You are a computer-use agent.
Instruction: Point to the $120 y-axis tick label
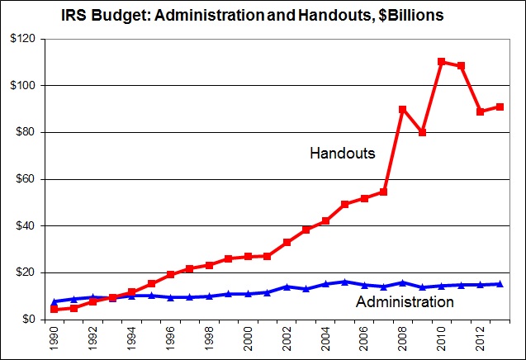coord(23,39)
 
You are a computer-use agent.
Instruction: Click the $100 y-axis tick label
coord(23,86)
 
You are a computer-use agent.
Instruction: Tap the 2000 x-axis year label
coord(249,339)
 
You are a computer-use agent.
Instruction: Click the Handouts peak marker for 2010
coord(441,62)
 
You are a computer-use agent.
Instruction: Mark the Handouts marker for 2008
coord(403,109)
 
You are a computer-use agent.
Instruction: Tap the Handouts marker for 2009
coord(422,132)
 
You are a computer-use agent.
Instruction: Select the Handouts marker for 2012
coord(480,111)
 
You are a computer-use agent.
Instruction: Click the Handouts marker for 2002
coord(287,242)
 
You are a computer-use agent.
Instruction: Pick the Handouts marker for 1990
coord(54,310)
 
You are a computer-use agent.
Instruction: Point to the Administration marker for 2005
coord(344,282)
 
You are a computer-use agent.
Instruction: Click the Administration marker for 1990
coord(54,301)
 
